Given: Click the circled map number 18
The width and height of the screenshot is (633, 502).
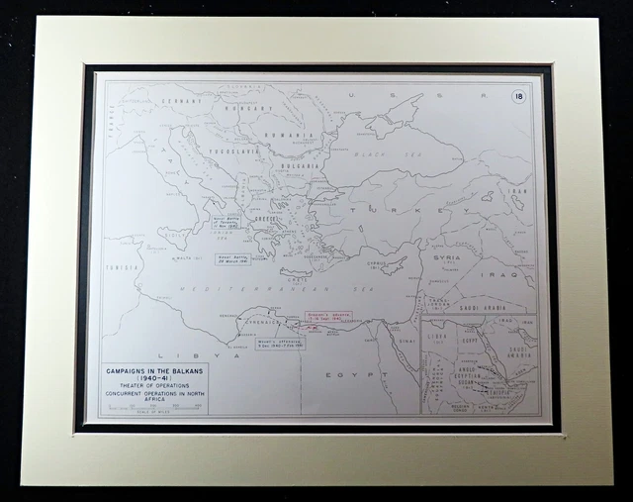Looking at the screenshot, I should coord(518,96).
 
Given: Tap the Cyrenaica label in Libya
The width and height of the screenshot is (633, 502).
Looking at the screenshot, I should coord(248,323).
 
